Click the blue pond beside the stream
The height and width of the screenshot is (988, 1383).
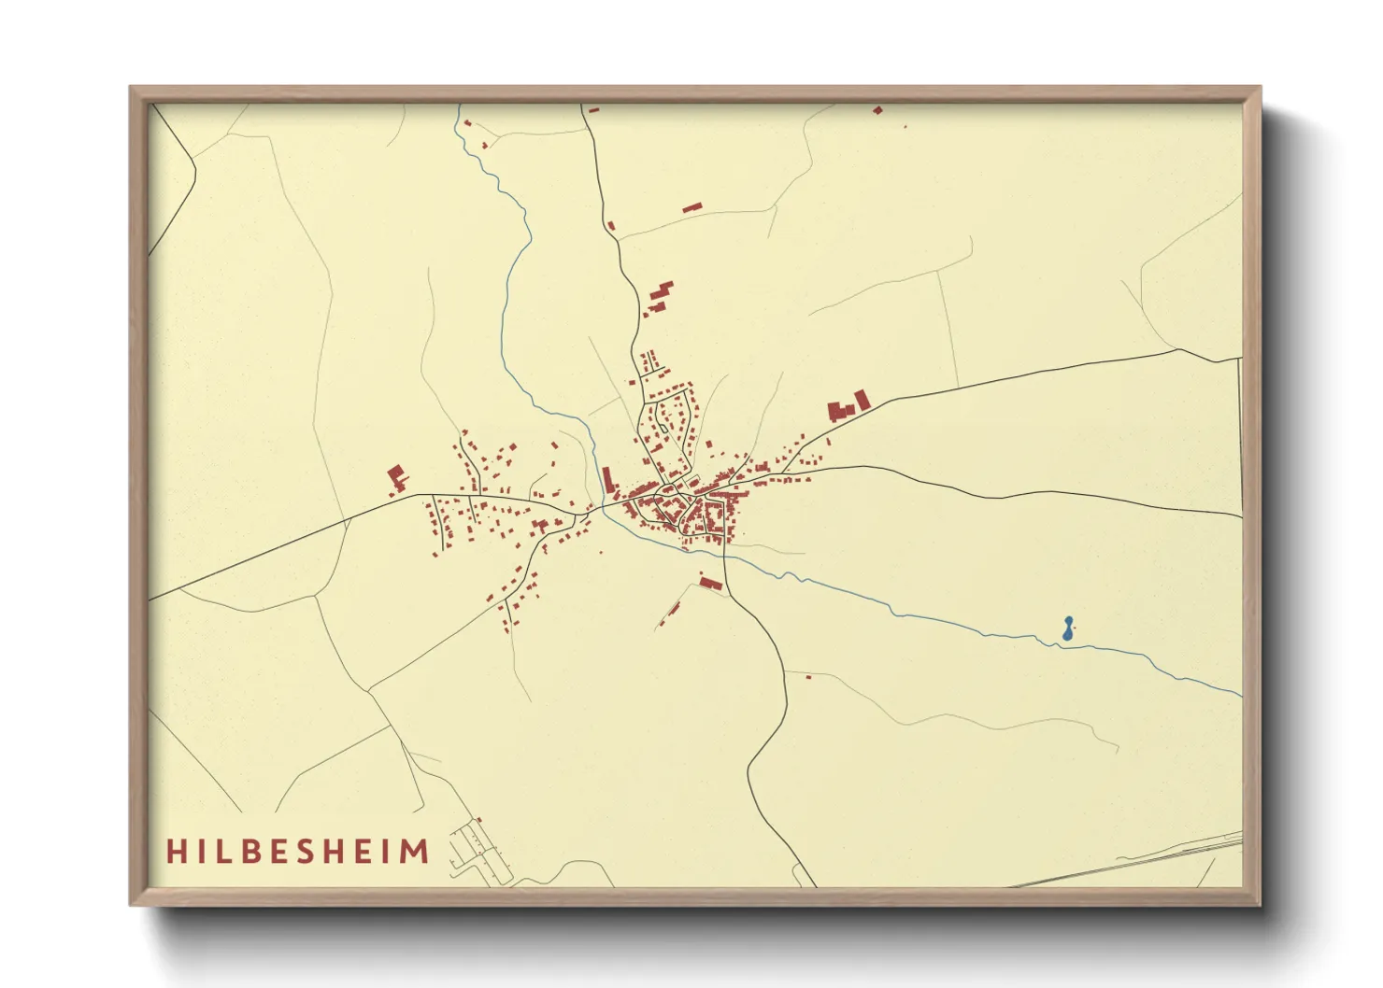coord(1067,629)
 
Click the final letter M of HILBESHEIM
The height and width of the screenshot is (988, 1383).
coord(416,852)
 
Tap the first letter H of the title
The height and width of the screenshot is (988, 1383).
coord(175,852)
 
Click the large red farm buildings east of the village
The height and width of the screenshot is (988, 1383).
coord(848,406)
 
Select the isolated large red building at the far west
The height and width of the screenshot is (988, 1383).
coord(397,477)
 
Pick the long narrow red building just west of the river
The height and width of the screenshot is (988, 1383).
coord(606,479)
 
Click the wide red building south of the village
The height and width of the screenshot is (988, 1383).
coord(711,584)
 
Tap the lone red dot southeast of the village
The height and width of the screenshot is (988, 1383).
coord(808,676)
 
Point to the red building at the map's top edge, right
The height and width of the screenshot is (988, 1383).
coord(877,110)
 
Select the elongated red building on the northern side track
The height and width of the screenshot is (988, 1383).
coord(691,207)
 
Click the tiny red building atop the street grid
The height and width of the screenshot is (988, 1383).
coord(480,820)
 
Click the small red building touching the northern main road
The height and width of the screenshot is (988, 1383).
coord(611,225)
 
